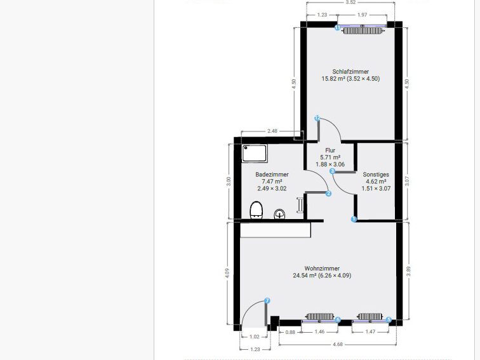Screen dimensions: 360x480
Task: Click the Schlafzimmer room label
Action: [350, 72]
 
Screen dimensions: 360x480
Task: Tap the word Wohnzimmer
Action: [321, 268]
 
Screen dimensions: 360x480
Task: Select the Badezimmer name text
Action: [272, 174]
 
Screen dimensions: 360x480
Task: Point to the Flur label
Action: [330, 150]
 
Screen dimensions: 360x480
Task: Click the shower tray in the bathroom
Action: [257, 153]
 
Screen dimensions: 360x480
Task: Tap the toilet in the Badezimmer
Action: [257, 210]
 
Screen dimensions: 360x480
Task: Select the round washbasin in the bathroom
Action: [279, 215]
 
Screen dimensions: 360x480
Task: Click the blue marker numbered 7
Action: [267, 300]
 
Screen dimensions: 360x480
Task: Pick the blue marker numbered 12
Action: [317, 118]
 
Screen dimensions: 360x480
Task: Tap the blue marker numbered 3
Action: [332, 171]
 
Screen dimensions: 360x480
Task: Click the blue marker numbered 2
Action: [328, 194]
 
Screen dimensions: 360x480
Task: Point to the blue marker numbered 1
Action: [354, 220]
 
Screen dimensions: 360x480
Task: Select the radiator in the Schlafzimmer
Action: [363, 30]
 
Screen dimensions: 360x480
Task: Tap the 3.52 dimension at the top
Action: [350, 3]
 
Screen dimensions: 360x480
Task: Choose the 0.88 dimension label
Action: [290, 332]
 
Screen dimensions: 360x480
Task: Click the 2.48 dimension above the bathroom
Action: [272, 131]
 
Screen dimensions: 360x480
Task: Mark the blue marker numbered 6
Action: [338, 320]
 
